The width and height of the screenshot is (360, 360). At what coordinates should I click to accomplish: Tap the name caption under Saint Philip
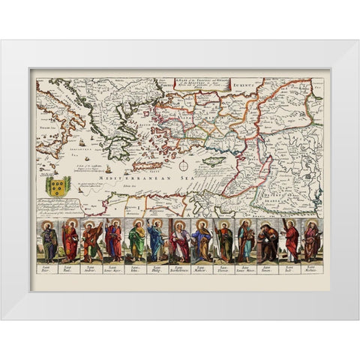(x=157, y=267)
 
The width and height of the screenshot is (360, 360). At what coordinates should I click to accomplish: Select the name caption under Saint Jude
(x=289, y=267)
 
